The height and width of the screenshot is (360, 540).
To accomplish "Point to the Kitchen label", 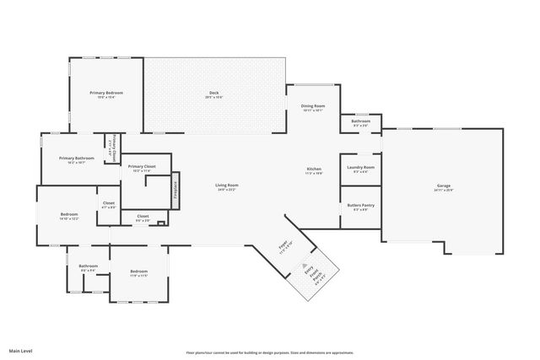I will point(314,169).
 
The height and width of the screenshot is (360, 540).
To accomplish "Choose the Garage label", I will point(444,185).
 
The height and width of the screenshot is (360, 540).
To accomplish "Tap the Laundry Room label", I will point(361,167).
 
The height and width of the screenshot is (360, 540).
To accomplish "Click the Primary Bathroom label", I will point(77,159).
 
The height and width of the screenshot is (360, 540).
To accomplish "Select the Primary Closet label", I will point(142,167).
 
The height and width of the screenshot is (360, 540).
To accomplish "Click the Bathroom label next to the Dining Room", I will point(361,121).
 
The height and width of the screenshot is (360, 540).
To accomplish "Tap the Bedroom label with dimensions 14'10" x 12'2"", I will point(69,215).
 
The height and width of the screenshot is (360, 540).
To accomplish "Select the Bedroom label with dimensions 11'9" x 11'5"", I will point(139,273).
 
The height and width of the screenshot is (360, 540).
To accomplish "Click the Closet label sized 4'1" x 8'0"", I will point(109,203).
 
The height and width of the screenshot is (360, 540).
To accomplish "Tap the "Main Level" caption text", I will point(21,350).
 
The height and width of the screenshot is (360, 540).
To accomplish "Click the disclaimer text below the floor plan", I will point(270,352).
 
